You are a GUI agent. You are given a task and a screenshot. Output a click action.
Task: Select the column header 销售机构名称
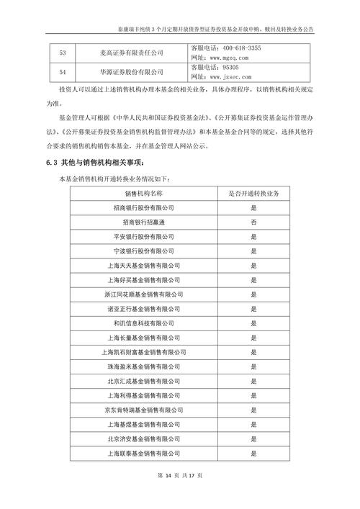tap(148, 194)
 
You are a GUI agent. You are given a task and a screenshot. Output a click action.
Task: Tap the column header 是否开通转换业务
tap(253, 194)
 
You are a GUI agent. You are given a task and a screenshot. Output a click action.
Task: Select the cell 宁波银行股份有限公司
tap(148, 251)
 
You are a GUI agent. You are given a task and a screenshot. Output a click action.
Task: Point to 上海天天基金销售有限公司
tap(148, 266)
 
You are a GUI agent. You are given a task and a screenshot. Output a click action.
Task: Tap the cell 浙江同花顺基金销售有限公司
tap(148, 294)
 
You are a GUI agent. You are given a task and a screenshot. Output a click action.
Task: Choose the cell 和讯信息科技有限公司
tap(148, 323)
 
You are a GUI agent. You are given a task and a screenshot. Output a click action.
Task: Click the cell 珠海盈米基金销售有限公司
tap(148, 366)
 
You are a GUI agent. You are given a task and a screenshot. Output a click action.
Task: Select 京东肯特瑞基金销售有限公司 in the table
tap(148, 410)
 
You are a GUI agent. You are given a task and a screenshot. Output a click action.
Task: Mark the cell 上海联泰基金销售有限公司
tap(148, 454)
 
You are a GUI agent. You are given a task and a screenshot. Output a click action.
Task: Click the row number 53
tap(62, 53)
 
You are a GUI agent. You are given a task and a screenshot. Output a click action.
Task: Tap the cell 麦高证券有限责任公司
tap(132, 53)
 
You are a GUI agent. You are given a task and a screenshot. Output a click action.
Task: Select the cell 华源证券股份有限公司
tap(132, 71)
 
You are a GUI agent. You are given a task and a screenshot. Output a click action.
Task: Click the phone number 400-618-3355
tap(240, 48)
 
